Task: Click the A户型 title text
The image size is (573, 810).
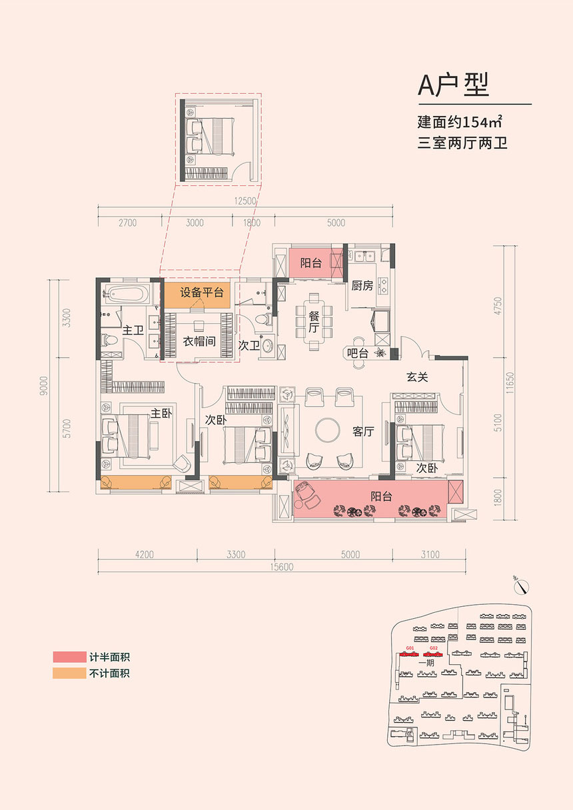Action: coord(453,85)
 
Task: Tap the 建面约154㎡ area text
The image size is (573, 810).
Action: coord(459,122)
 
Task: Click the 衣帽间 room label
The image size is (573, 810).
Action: coord(199,341)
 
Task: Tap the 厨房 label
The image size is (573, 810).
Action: coord(362,286)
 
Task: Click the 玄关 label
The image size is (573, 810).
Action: coord(417,377)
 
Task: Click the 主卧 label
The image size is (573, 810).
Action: coord(161,414)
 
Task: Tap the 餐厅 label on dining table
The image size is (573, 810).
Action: coord(313,322)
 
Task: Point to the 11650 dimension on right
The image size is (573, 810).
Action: coord(510,383)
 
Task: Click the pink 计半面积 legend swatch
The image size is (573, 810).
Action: coord(69,657)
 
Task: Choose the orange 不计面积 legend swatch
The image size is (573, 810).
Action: coord(69,673)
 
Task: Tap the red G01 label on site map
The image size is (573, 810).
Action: coord(410,648)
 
